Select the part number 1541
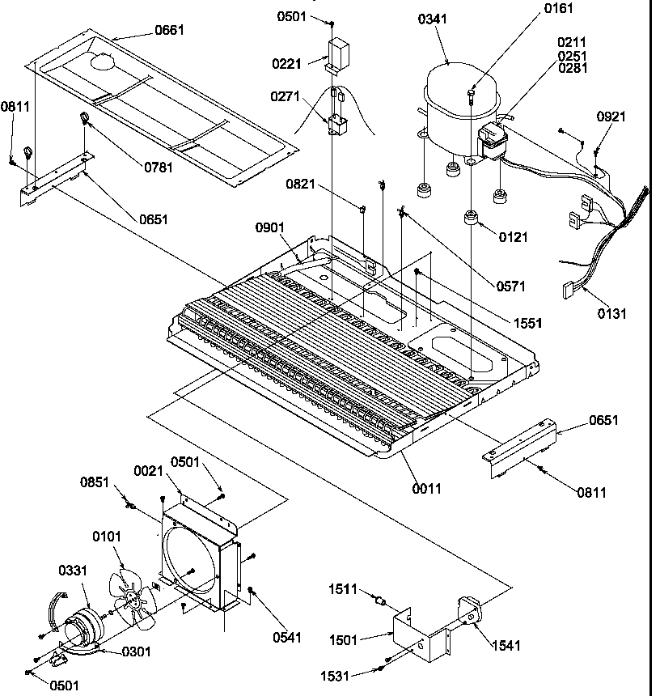[505, 645]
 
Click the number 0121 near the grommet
[513, 236]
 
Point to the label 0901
[270, 227]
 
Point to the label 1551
[527, 322]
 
